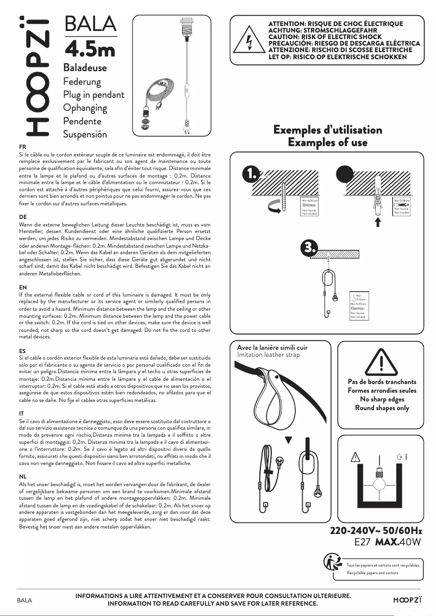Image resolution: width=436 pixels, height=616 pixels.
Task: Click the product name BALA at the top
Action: pyautogui.click(x=90, y=24)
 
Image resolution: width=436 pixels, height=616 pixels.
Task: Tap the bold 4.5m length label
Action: pyautogui.click(x=90, y=49)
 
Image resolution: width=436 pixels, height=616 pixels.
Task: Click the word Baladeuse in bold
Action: pyautogui.click(x=85, y=68)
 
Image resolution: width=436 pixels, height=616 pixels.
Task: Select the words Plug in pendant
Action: pyautogui.click(x=94, y=95)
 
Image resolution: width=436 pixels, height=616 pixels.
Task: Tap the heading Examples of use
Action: pyautogui.click(x=327, y=143)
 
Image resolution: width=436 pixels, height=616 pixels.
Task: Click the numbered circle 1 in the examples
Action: pyautogui.click(x=251, y=175)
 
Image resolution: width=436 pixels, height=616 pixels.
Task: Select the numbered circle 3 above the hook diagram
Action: pyautogui.click(x=309, y=248)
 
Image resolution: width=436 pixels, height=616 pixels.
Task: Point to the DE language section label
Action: pyautogui.click(x=23, y=217)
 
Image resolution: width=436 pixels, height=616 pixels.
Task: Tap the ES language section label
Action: pyautogui.click(x=22, y=351)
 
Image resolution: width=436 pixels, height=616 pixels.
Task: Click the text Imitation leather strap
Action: pyautogui.click(x=269, y=355)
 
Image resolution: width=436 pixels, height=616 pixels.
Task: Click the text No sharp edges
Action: pyautogui.click(x=382, y=399)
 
